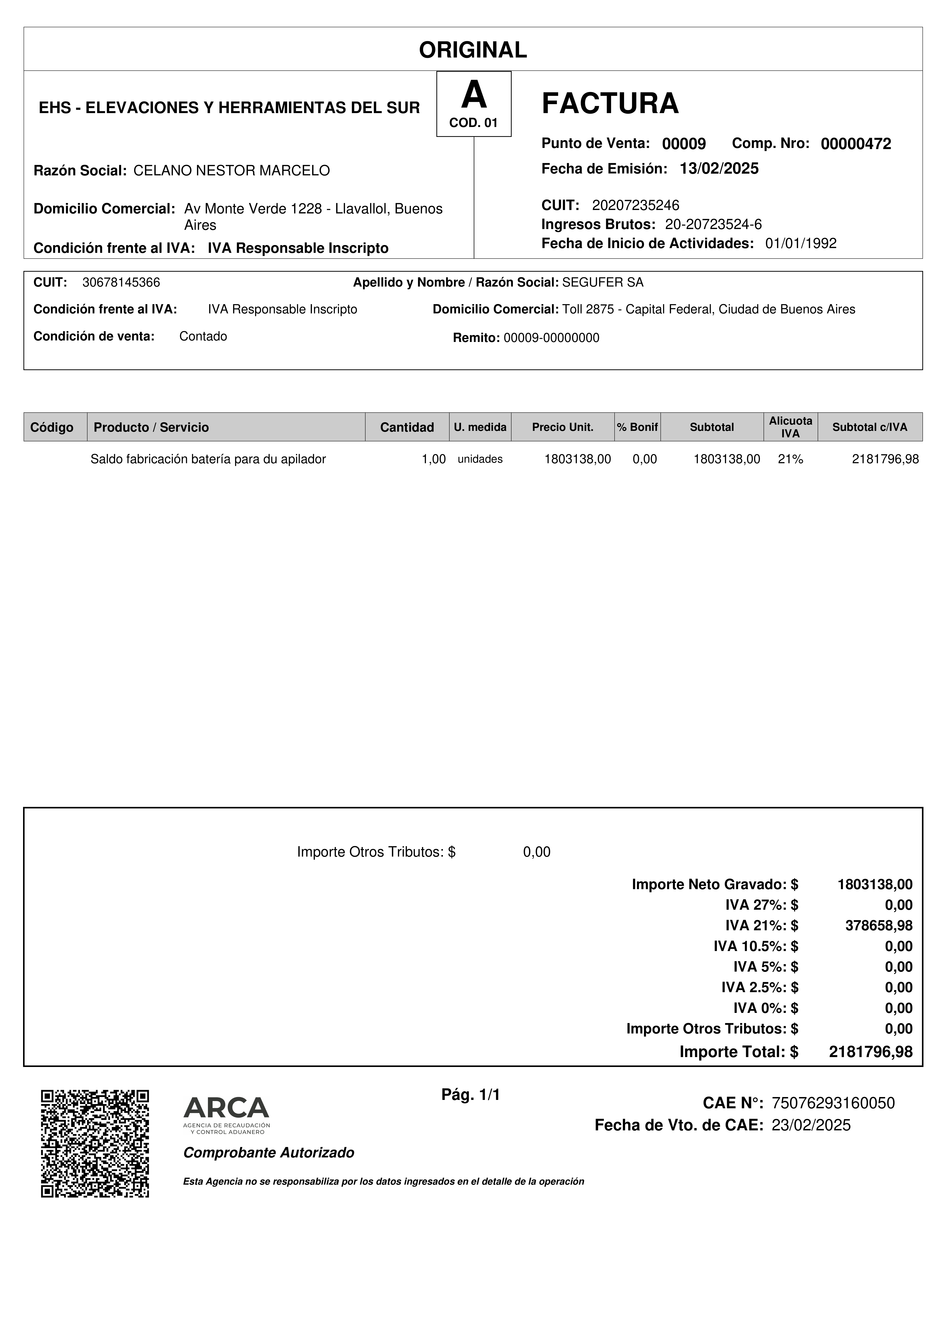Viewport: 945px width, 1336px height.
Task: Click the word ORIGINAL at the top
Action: pyautogui.click(x=473, y=50)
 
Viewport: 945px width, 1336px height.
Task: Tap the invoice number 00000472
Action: pyautogui.click(x=855, y=144)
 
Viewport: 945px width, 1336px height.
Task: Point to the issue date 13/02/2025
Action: pyautogui.click(x=719, y=169)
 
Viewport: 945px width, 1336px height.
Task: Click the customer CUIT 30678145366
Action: pyautogui.click(x=121, y=283)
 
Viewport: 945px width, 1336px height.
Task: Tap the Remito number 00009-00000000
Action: pyautogui.click(x=551, y=338)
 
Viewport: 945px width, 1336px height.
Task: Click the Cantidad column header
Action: pyautogui.click(x=407, y=427)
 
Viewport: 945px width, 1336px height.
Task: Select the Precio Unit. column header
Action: pyautogui.click(x=563, y=427)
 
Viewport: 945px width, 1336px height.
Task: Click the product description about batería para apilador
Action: pyautogui.click(x=208, y=459)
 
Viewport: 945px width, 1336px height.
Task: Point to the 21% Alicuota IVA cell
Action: pyautogui.click(x=790, y=459)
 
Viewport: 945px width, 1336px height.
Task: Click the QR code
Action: pyautogui.click(x=95, y=1143)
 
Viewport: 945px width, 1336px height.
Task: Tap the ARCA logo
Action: pyautogui.click(x=227, y=1115)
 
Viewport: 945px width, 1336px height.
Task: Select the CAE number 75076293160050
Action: pyautogui.click(x=833, y=1103)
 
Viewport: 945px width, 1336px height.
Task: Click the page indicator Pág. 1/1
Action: pyautogui.click(x=470, y=1095)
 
